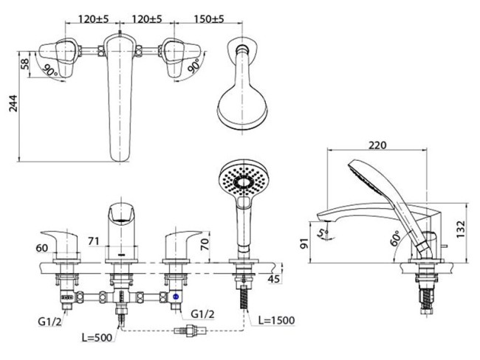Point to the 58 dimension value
[x=26, y=64]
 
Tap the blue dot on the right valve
[x=176, y=297]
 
